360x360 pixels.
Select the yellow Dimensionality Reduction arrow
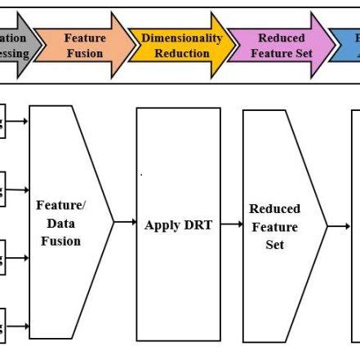pos(181,46)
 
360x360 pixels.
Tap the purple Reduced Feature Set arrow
pos(280,46)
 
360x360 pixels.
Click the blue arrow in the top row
pos(346,46)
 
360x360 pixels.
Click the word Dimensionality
pos(181,38)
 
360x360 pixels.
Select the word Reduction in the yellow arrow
pos(181,54)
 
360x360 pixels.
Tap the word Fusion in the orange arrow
pos(84,54)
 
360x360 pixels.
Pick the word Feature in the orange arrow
pos(84,38)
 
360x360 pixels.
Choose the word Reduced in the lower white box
pos(275,209)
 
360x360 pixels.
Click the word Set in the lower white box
pos(275,245)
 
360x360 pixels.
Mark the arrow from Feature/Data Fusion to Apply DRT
pos(125,221)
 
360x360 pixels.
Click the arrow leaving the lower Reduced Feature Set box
pos(339,225)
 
